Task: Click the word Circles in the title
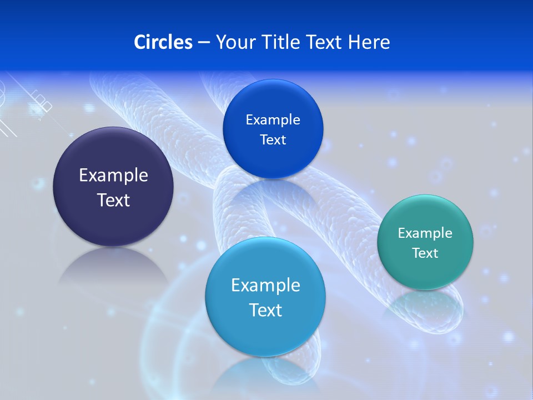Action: pos(163,42)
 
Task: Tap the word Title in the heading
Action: pos(280,42)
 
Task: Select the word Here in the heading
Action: pos(369,42)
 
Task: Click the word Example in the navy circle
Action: pos(113,176)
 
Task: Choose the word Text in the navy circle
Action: pos(113,200)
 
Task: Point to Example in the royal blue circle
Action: pos(273,119)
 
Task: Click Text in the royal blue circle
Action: pos(273,140)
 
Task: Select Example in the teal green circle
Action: pos(425,233)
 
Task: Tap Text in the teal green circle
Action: pos(425,253)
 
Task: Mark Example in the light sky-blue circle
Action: pos(265,286)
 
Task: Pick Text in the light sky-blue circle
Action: pos(265,310)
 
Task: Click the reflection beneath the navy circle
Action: pos(113,267)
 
